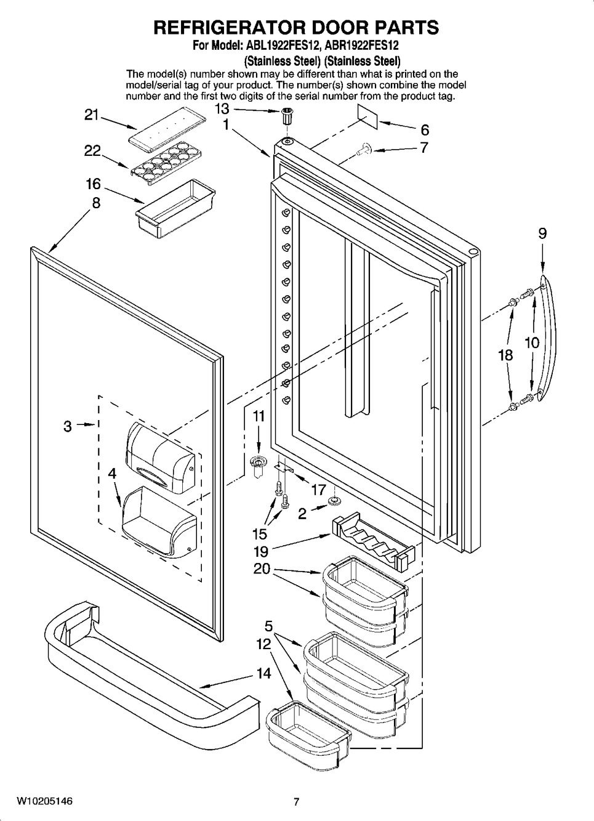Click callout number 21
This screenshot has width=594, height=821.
point(92,115)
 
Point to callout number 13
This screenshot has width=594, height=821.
point(222,109)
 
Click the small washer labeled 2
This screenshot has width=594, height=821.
point(334,500)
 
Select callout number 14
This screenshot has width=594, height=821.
point(263,673)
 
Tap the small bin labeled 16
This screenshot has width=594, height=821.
point(175,208)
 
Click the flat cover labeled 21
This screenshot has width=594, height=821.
point(167,130)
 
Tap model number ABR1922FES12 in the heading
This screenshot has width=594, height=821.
point(361,46)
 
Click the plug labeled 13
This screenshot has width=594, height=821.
point(286,116)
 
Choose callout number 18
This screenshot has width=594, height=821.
point(505,355)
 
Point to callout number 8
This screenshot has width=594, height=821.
point(96,202)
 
